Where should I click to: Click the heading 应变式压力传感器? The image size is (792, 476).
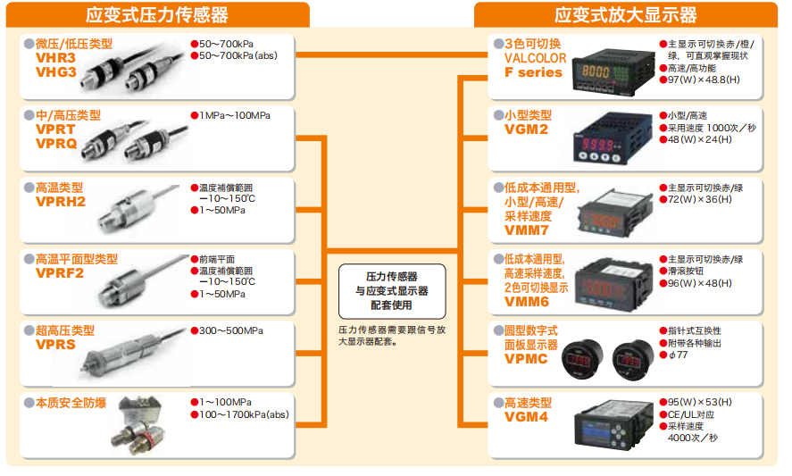coord(157,14)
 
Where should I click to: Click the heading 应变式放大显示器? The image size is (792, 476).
coord(625,14)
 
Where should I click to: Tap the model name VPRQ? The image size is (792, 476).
coord(56,143)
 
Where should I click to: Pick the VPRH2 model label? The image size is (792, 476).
coord(60,202)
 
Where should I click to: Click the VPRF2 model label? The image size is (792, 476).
coord(60,273)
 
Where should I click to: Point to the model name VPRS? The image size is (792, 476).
coord(55,345)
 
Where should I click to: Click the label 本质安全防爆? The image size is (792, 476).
coord(71,403)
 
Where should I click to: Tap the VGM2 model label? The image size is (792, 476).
coord(526,129)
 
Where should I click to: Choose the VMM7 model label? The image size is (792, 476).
coord(527,230)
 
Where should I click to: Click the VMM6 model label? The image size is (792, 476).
coord(527,302)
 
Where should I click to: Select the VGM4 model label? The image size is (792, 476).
coord(526,417)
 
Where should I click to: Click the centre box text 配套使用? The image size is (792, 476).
coord(390,305)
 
